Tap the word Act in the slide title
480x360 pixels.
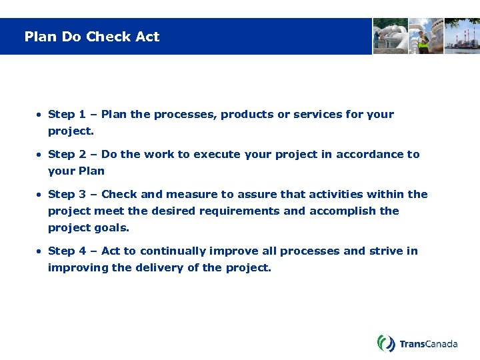pos(147,37)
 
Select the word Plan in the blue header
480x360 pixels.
pos(41,37)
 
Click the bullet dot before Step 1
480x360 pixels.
pos(40,115)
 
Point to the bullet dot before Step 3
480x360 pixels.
pos(40,195)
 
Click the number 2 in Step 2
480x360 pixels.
pos(83,154)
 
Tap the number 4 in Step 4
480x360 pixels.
pos(83,251)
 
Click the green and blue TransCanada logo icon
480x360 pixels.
pos(386,343)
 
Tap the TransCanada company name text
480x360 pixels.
pos(428,344)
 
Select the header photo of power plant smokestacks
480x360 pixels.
pos(462,37)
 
